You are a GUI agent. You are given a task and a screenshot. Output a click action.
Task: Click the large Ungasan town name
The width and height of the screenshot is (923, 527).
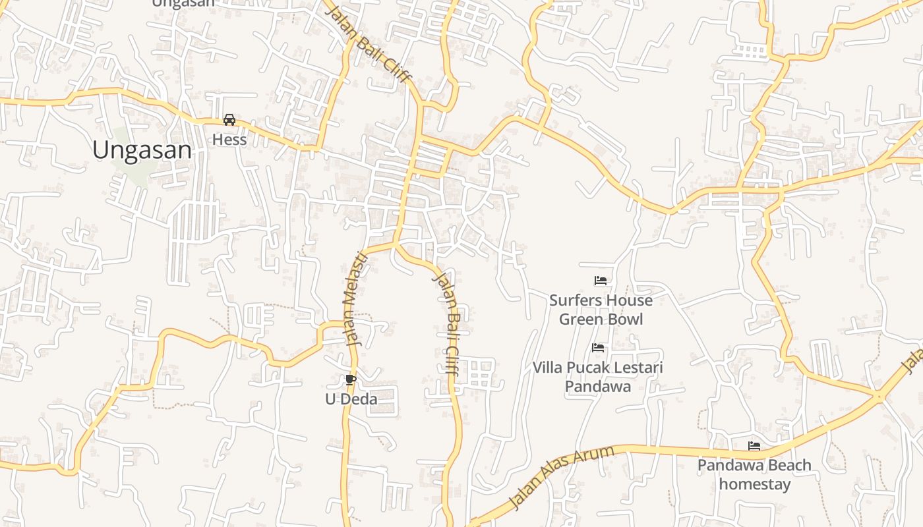click(142, 150)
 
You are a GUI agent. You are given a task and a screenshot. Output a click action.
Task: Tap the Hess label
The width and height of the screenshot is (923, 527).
click(229, 140)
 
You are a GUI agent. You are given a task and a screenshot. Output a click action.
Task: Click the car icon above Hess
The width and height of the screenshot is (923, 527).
click(229, 120)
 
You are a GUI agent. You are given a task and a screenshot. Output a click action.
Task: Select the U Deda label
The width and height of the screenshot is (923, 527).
click(351, 399)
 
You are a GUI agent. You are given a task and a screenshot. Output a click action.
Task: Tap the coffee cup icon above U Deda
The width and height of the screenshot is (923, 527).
click(351, 379)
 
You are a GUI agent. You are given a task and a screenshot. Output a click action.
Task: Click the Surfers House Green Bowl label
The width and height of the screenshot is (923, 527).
click(601, 310)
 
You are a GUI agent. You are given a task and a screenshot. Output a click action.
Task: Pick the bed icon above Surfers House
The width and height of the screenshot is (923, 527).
click(600, 281)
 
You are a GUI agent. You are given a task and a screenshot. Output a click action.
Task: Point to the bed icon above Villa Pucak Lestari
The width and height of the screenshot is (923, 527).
click(598, 347)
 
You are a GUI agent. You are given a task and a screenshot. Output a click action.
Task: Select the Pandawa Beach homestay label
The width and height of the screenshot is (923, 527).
click(754, 474)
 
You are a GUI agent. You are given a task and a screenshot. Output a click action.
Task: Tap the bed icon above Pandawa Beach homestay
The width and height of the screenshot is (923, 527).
click(754, 446)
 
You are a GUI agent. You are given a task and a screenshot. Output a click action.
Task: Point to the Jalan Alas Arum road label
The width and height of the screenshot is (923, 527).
click(562, 477)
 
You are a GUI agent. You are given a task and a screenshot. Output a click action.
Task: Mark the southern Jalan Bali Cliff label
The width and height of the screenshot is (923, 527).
click(445, 323)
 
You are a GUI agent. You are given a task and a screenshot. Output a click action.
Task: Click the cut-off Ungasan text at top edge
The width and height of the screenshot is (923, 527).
click(183, 3)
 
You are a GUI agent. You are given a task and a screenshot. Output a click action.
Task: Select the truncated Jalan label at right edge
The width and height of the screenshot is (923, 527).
click(912, 360)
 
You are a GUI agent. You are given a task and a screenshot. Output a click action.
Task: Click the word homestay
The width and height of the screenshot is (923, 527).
click(754, 484)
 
